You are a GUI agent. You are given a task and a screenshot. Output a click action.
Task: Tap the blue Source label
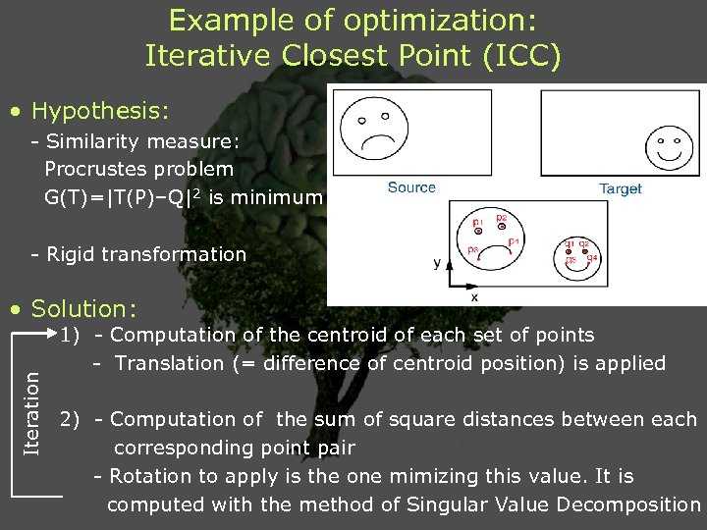411,187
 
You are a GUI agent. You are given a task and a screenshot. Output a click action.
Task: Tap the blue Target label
620,188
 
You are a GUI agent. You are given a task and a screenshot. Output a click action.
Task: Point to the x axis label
475,295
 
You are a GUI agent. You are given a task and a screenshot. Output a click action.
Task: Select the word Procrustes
92,169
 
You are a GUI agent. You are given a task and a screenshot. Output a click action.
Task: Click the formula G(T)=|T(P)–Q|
117,197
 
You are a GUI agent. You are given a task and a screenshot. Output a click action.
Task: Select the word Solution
84,308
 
